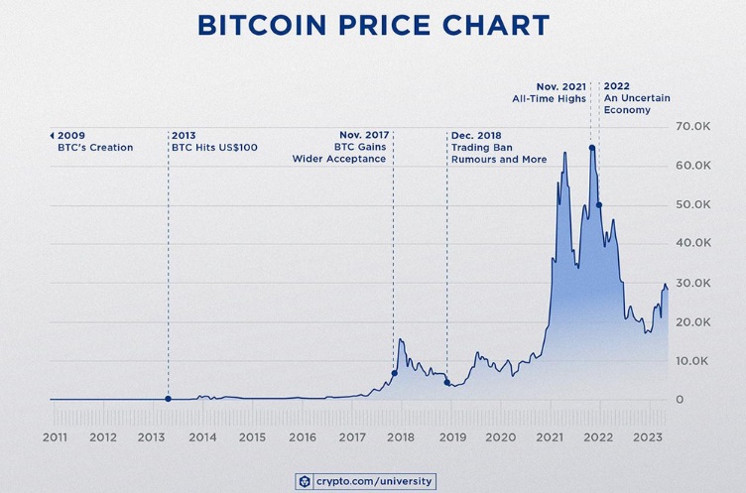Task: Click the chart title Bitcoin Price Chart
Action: point(372,26)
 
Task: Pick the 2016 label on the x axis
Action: point(303,436)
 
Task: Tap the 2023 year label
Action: point(650,436)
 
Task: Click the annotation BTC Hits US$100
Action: point(214,148)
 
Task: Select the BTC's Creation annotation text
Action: point(109,148)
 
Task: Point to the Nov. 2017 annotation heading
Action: point(362,135)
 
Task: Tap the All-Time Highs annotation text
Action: point(549,97)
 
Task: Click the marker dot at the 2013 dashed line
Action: point(168,399)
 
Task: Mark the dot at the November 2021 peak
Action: point(592,148)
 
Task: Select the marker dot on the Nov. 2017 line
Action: point(394,374)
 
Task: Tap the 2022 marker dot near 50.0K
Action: point(598,205)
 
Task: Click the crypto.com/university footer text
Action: point(374,481)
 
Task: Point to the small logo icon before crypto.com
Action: point(305,481)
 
